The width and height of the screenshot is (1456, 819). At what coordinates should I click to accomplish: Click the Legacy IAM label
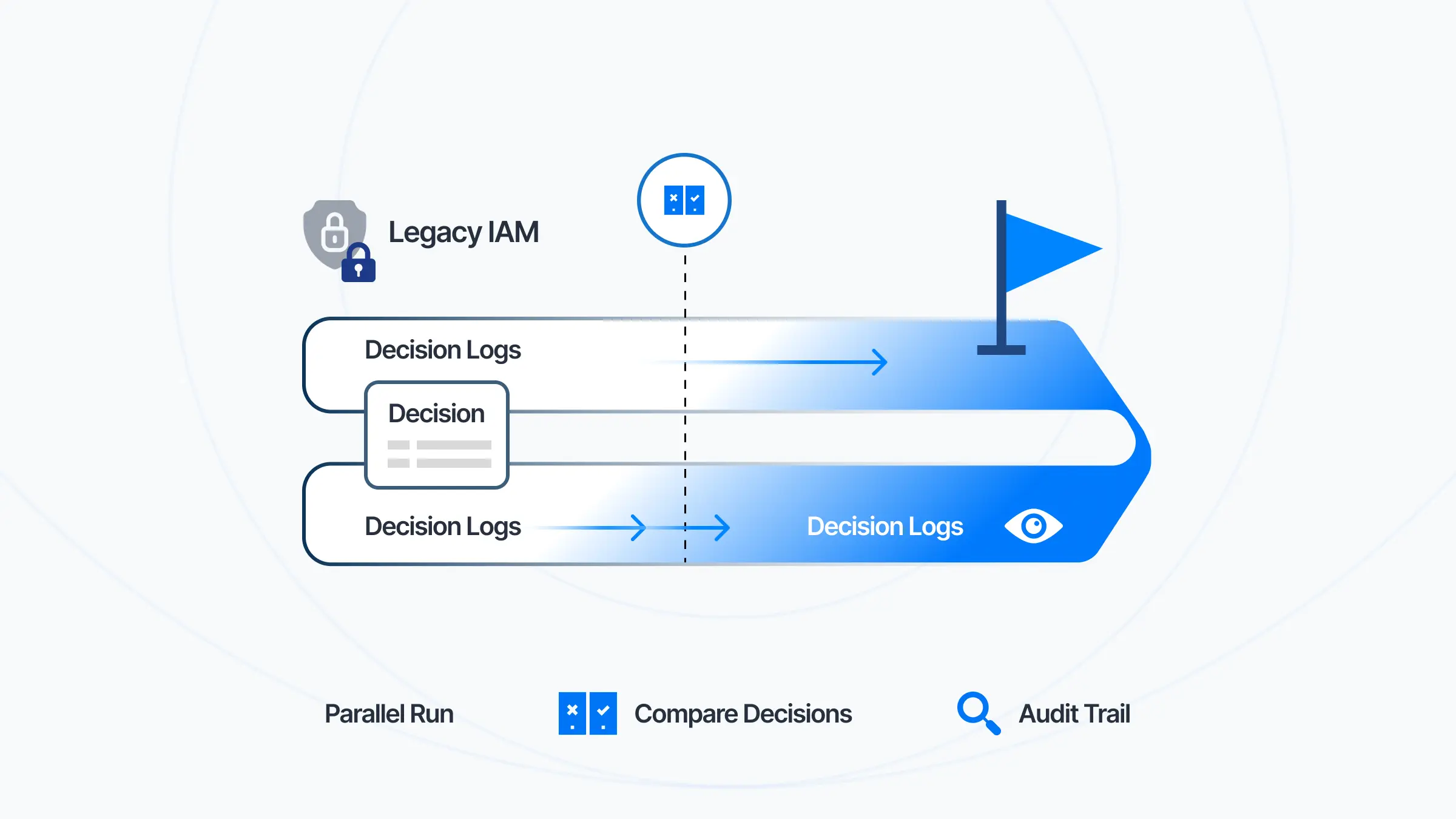463,233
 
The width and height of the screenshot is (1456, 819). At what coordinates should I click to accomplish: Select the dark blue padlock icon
359,265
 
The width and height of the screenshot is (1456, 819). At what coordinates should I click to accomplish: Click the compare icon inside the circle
684,200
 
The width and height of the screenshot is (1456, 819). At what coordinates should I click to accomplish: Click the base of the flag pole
1001,349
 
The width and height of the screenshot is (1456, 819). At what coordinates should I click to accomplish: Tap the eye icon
1033,526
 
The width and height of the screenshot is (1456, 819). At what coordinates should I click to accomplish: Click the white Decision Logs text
885,527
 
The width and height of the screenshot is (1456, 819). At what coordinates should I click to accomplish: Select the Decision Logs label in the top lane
443,350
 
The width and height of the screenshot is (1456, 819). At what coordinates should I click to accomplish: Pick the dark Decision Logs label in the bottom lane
443,527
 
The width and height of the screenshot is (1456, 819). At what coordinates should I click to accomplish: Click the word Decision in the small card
436,414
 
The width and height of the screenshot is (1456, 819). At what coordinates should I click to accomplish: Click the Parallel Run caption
389,714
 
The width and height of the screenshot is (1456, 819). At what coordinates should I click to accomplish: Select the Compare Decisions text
743,714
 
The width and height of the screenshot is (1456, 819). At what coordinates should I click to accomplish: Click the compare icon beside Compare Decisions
587,713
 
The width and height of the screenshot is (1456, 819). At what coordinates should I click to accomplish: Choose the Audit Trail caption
1074,714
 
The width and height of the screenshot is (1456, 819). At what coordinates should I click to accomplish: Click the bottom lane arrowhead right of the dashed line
723,528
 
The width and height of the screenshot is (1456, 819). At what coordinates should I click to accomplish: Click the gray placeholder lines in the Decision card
439,454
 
